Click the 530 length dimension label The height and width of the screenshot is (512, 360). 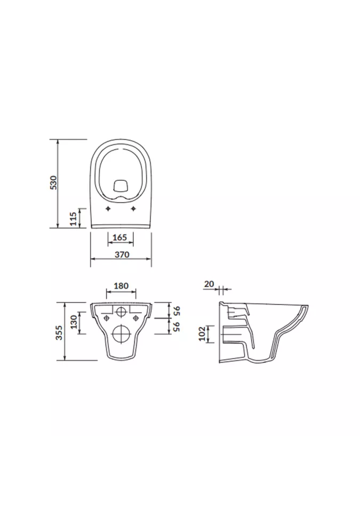click(53, 182)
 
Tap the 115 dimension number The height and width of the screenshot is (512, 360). click(73, 219)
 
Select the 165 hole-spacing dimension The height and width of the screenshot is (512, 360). click(119, 237)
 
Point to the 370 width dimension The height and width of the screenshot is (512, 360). click(122, 254)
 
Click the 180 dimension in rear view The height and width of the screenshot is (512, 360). click(121, 286)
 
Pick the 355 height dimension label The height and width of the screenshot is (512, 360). click(59, 332)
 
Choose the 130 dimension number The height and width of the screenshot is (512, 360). click(74, 322)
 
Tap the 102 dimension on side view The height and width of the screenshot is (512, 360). click(202, 333)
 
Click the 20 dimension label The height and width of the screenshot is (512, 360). click(209, 284)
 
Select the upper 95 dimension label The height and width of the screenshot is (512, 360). click(177, 310)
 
